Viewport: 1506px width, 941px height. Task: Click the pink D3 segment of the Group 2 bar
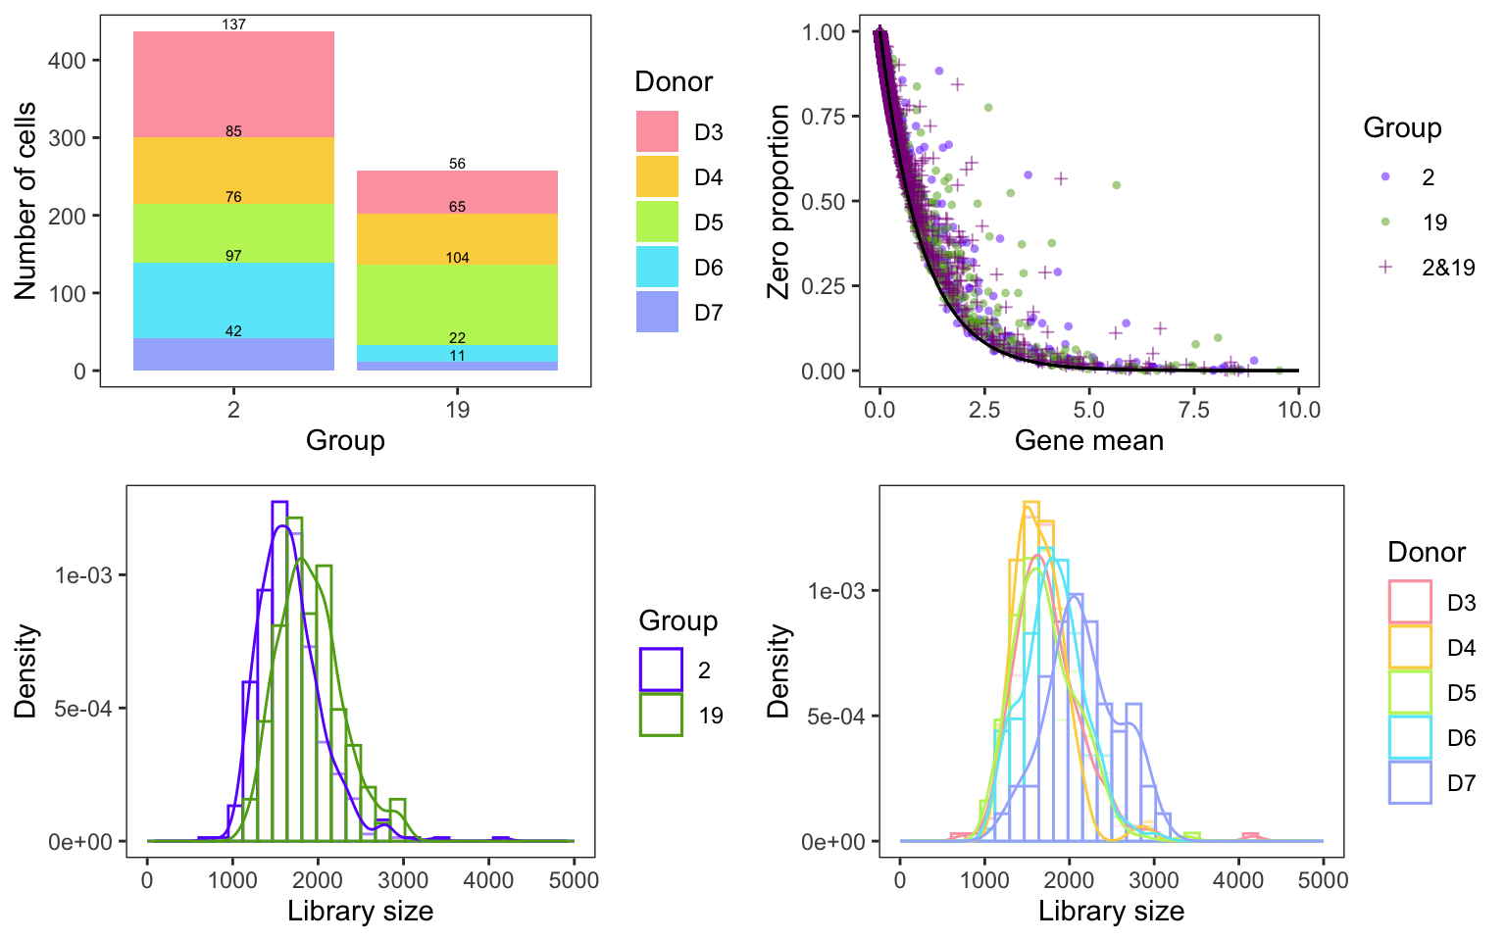(x=233, y=84)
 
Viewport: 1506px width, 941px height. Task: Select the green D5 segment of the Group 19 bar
(x=457, y=304)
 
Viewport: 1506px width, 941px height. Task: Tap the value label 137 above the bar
(x=233, y=25)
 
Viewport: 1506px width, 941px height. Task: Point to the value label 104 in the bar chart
(x=457, y=258)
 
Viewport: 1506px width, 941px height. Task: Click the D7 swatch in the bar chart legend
(x=657, y=312)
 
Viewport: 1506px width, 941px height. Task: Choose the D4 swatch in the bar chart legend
(x=657, y=176)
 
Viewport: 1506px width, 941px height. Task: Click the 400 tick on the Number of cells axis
(x=67, y=61)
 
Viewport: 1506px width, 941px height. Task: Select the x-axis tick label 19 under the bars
(x=457, y=409)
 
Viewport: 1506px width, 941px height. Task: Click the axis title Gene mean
(x=1088, y=440)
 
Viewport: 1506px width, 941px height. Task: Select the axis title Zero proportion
(x=778, y=201)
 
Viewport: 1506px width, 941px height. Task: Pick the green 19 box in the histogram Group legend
(x=661, y=715)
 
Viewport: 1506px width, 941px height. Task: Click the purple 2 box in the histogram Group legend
(x=661, y=669)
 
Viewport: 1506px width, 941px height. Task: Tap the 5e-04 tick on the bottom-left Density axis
(x=82, y=709)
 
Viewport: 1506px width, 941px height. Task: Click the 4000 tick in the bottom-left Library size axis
(x=487, y=879)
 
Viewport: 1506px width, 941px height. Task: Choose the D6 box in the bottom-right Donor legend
(x=1410, y=737)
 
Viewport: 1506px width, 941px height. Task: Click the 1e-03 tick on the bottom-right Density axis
(x=835, y=591)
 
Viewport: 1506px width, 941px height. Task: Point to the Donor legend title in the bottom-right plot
(x=1426, y=552)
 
